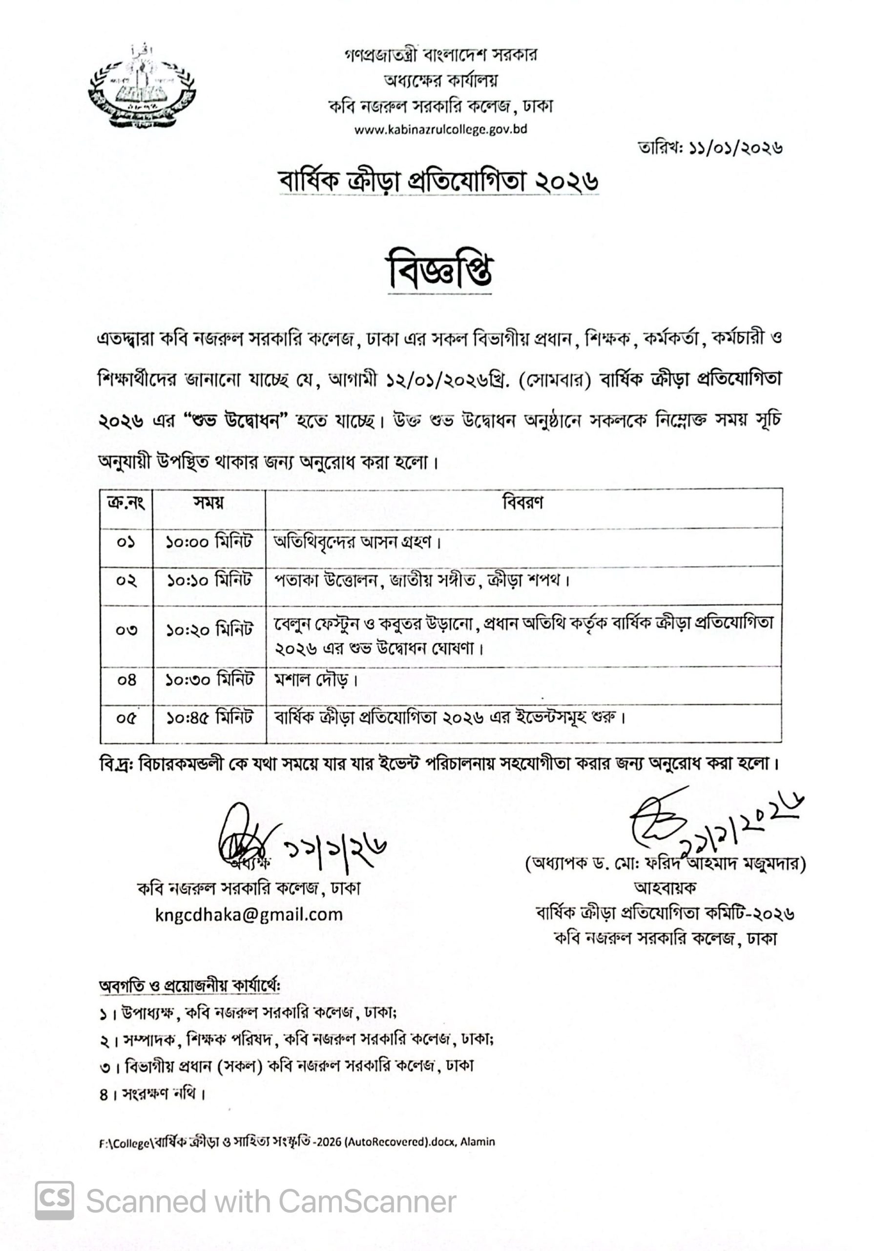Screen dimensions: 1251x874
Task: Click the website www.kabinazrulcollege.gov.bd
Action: (x=440, y=129)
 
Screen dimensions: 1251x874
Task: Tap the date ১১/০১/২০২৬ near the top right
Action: (x=710, y=148)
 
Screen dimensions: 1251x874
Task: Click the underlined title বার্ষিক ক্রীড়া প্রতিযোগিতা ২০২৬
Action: (x=438, y=181)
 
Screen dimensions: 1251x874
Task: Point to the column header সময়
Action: (x=208, y=502)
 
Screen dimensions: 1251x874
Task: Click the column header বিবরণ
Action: (x=522, y=502)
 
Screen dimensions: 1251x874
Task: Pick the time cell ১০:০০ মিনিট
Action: (x=209, y=542)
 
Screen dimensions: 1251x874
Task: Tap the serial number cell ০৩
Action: (x=126, y=630)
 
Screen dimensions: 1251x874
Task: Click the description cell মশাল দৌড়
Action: (x=316, y=680)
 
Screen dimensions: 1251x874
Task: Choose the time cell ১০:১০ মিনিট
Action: (x=209, y=580)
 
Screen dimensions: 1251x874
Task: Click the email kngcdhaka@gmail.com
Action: (x=249, y=914)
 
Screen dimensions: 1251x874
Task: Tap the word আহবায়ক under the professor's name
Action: (x=665, y=887)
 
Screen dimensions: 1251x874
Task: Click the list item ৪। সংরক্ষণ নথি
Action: (x=152, y=1094)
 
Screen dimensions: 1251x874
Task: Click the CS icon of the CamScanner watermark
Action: (x=55, y=1201)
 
